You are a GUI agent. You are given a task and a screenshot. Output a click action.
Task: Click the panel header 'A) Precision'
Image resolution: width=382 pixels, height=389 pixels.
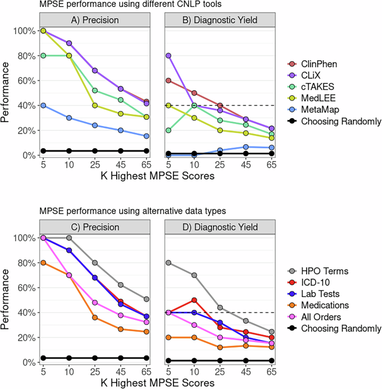click(x=95, y=20)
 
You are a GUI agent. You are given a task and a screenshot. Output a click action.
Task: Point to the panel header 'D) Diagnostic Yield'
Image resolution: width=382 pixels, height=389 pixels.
click(x=219, y=228)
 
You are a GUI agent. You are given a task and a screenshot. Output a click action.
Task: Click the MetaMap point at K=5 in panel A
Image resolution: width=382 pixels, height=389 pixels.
click(x=43, y=105)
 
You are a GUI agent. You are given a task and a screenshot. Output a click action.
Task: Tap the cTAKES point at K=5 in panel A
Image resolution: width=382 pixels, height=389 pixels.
click(x=43, y=56)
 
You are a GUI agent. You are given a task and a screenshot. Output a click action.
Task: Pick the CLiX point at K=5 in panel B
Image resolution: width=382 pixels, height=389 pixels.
click(x=168, y=56)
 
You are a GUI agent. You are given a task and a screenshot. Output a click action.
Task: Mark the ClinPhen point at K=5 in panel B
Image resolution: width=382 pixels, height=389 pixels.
click(x=168, y=81)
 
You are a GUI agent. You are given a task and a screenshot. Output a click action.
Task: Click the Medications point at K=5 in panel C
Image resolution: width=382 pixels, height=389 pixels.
click(x=43, y=263)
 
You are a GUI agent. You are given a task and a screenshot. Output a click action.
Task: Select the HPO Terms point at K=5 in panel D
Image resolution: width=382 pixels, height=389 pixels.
click(x=168, y=263)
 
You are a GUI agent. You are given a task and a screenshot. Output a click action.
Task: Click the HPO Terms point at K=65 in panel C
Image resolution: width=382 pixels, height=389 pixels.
click(x=146, y=299)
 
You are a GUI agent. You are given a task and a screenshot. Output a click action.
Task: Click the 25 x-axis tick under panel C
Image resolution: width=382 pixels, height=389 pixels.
click(x=95, y=371)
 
